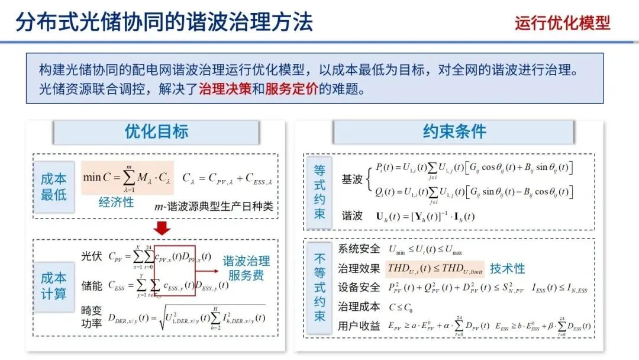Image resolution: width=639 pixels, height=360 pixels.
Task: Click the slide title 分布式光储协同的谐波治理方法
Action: tap(164, 22)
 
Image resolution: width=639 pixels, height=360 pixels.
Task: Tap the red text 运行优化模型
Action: tap(561, 23)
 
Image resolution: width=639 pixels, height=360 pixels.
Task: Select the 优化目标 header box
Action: tap(156, 132)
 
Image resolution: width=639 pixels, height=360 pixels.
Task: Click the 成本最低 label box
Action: tap(54, 186)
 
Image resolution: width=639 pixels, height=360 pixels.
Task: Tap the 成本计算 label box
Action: tap(54, 285)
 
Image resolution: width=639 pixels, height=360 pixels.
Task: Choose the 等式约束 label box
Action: tap(319, 192)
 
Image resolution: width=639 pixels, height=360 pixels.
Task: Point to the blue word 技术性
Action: tap(507, 268)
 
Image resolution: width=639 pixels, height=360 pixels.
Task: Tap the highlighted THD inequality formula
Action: tap(434, 268)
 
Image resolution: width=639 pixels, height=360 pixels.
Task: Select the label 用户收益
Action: tap(359, 326)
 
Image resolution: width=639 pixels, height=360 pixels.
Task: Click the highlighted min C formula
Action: tap(127, 176)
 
